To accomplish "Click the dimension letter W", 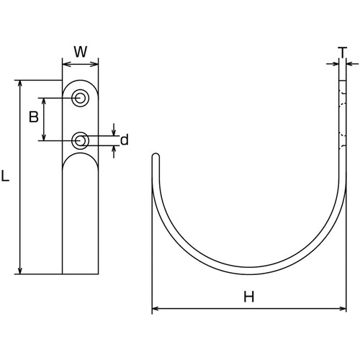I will [81, 52].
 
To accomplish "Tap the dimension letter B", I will [33, 117].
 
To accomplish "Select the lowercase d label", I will [124, 140].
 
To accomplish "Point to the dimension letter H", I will [248, 296].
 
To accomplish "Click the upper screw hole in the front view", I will [81, 98].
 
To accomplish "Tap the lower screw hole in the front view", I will [81, 140].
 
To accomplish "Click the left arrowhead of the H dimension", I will [156, 310].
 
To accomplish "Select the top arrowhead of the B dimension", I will [45, 102].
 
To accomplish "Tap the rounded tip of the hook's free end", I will [154, 155].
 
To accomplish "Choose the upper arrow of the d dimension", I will [114, 130].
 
